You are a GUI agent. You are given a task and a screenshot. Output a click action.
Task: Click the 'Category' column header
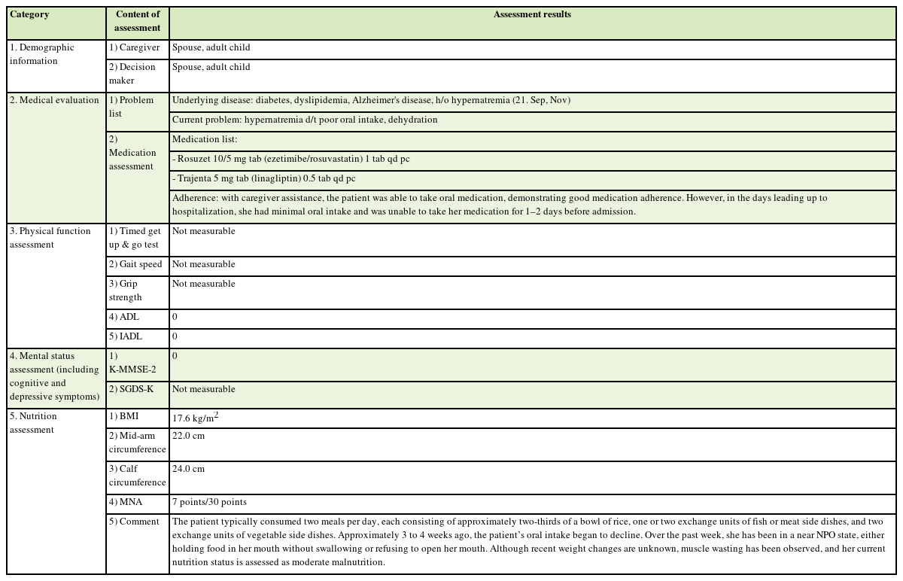(29, 14)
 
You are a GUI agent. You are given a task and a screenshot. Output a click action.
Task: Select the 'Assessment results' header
(532, 14)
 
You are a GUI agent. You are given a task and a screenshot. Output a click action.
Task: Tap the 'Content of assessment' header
(138, 21)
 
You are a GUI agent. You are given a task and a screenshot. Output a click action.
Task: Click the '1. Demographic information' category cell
(42, 54)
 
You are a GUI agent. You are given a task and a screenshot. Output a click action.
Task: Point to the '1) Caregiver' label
(135, 47)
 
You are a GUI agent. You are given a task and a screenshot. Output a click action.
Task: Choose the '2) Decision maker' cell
(132, 74)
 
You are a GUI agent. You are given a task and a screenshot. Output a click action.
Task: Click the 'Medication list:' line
(205, 139)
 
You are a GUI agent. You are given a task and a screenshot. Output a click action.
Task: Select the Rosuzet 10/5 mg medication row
(290, 159)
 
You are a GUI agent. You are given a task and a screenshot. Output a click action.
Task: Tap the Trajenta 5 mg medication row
(263, 178)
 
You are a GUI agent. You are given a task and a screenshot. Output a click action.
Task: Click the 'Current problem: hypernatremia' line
(305, 120)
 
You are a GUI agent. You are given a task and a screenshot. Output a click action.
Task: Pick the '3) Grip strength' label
(125, 290)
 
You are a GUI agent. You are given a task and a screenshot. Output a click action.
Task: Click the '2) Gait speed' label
(135, 264)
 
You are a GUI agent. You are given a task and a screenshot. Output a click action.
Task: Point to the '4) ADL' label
(124, 317)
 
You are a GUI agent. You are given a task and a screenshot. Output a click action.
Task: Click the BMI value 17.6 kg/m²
(195, 417)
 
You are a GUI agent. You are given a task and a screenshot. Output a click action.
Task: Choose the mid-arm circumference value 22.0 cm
(188, 436)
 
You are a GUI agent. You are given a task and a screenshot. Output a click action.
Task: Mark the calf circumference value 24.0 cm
(188, 469)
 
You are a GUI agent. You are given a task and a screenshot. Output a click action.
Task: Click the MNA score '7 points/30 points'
(209, 502)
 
